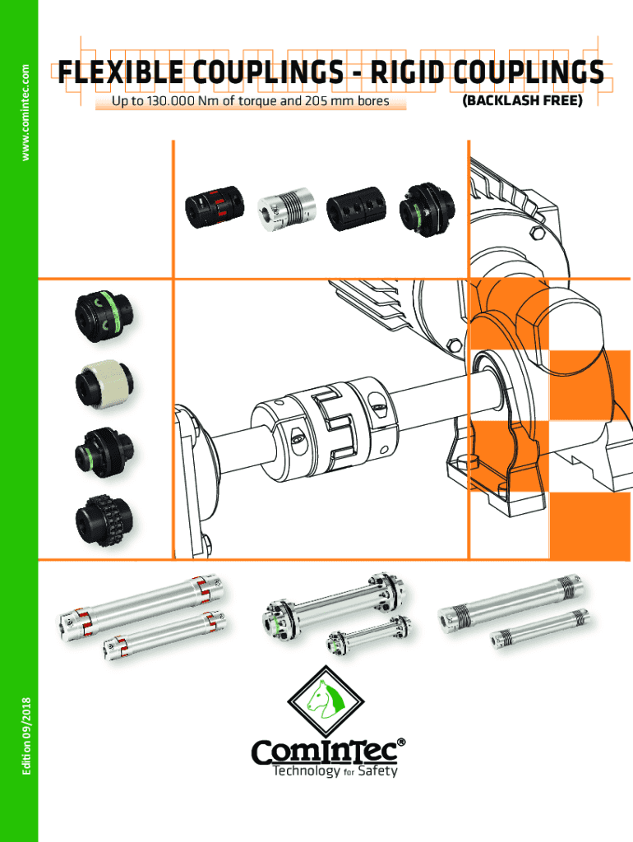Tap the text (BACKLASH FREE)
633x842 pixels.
coord(522,101)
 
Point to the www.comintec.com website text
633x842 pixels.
coord(25,112)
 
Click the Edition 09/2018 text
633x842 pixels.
coord(25,736)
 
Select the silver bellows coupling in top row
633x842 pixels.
coord(284,208)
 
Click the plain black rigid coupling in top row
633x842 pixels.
coord(356,209)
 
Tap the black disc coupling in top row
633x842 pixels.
coord(427,210)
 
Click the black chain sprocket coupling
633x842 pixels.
coord(104,520)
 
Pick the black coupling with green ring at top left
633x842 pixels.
coord(104,317)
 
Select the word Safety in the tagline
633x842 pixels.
coord(377,771)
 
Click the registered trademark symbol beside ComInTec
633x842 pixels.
coord(401,743)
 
